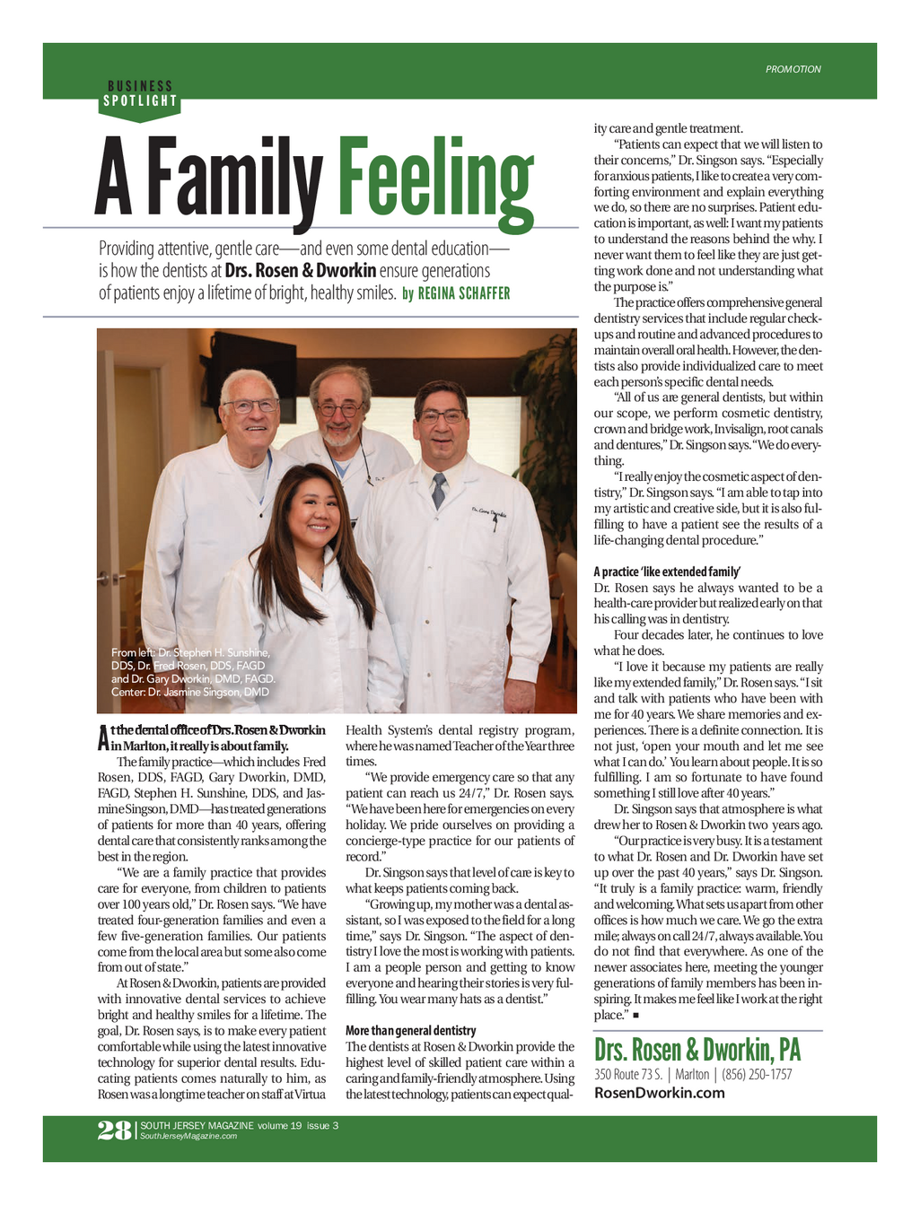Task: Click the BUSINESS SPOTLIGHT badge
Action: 140,94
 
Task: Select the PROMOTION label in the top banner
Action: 793,69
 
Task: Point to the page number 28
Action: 114,1131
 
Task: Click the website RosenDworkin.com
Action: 659,1093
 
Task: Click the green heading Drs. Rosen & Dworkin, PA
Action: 697,1050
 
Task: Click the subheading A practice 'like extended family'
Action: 666,572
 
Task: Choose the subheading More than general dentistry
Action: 410,1031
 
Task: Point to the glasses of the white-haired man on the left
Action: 251,406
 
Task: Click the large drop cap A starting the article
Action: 103,738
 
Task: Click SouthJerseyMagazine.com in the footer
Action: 188,1136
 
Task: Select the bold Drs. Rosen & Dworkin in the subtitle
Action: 301,271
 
